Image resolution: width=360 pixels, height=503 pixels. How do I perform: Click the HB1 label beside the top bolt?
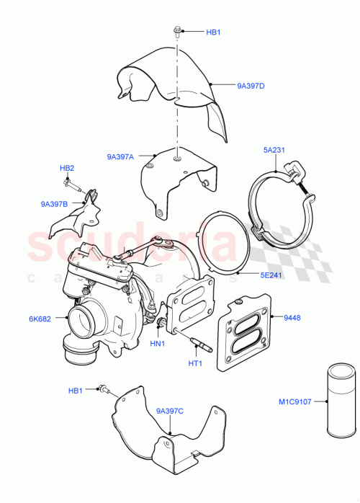point(213,32)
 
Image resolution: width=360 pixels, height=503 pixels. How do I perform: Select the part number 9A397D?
point(251,86)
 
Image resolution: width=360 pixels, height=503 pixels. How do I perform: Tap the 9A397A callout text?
point(120,156)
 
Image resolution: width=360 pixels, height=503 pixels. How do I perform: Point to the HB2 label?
point(67,168)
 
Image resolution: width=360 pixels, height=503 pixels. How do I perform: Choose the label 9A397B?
point(54,204)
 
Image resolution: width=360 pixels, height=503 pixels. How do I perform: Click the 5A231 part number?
point(274,151)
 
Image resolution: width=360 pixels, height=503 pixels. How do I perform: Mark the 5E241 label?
point(271,274)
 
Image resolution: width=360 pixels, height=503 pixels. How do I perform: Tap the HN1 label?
point(157,344)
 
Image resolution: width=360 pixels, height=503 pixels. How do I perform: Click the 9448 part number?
point(293,318)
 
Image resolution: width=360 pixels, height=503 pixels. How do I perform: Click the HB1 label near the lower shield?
point(76,391)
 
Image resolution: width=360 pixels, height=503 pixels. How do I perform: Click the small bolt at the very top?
point(176,32)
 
